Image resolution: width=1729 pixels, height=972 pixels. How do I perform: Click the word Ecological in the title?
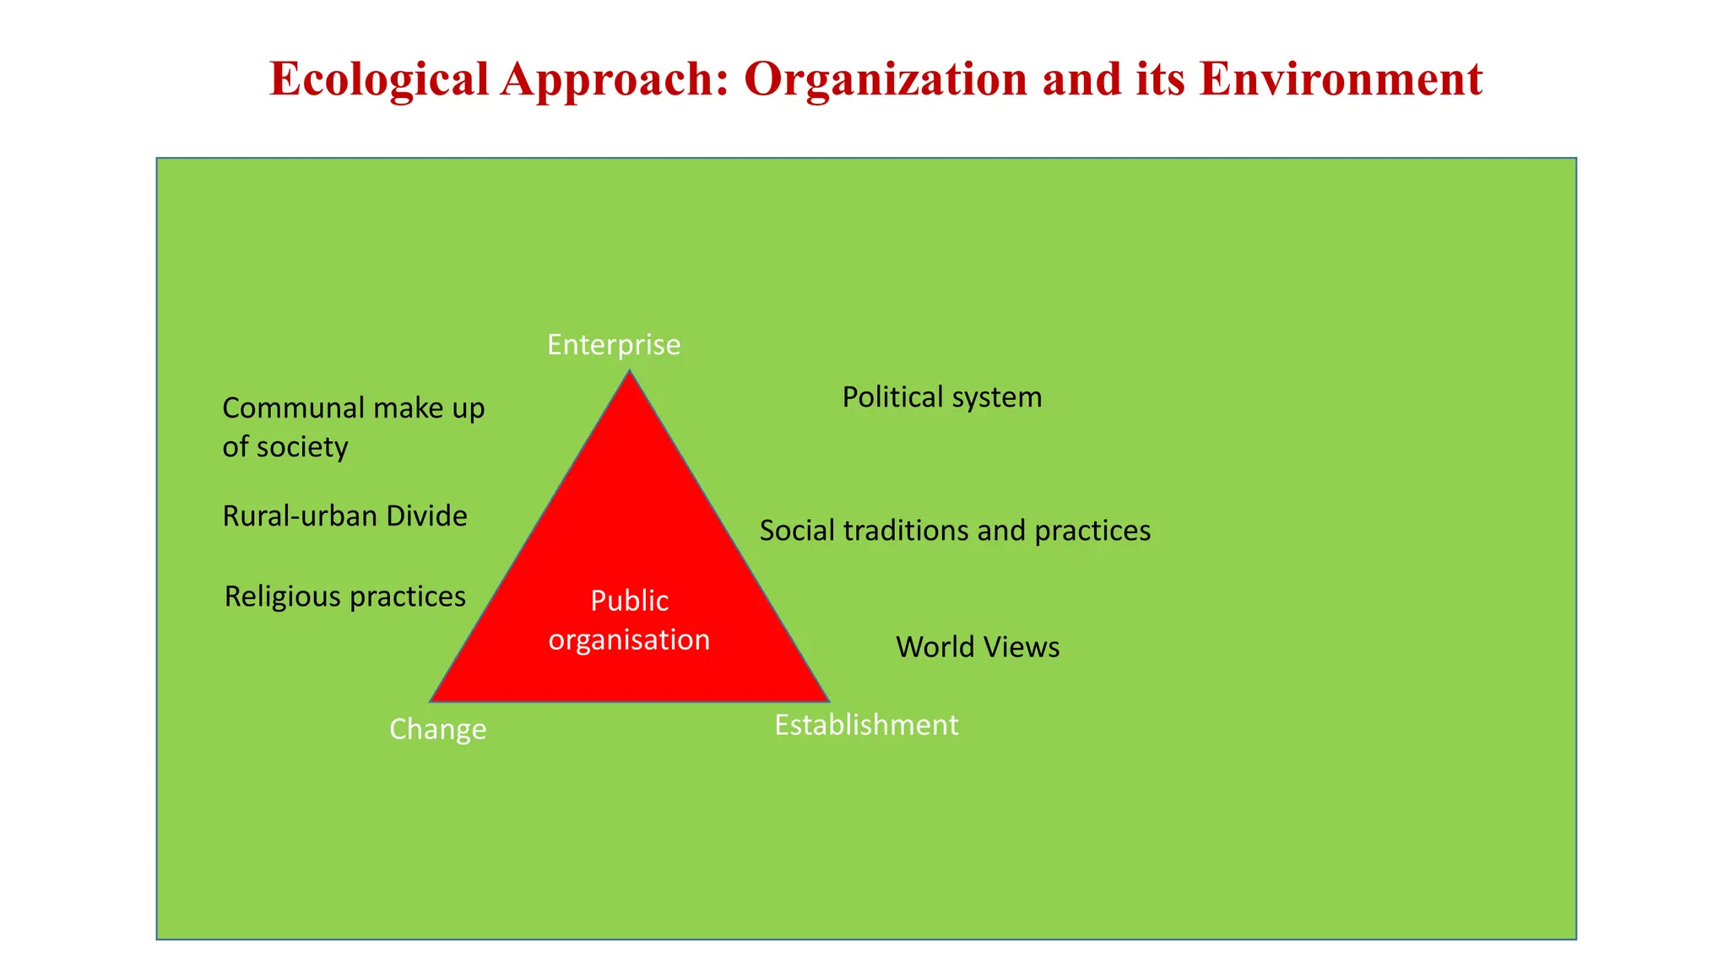(379, 80)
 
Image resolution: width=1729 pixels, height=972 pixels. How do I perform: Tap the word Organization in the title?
(886, 80)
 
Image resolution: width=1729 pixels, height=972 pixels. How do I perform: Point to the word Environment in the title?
(1340, 80)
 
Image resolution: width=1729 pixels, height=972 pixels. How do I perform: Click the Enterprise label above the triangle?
(614, 345)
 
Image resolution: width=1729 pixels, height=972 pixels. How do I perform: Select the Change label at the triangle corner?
(437, 729)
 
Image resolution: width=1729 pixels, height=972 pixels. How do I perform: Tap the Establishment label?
(866, 725)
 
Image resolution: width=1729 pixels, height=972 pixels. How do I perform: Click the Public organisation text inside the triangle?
(630, 620)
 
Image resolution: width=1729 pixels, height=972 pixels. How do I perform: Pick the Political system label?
(942, 397)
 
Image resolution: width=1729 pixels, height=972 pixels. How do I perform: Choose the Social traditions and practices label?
(955, 531)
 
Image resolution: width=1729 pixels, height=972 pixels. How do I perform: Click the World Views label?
(978, 647)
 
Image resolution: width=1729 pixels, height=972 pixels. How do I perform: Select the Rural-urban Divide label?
(344, 516)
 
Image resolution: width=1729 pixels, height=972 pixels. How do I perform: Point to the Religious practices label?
(344, 597)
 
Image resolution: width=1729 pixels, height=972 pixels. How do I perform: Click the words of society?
(285, 447)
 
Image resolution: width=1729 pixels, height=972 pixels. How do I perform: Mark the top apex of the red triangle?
(629, 372)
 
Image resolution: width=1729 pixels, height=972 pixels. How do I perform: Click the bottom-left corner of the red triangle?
(432, 699)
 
